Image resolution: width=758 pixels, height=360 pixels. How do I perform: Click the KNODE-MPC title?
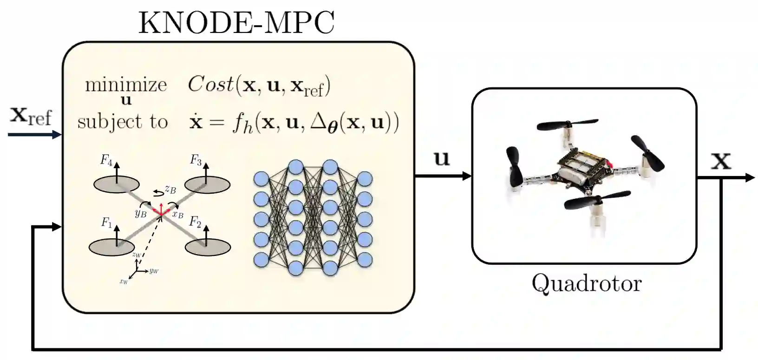pos(236,23)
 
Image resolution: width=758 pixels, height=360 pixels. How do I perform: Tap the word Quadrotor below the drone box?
pos(587,283)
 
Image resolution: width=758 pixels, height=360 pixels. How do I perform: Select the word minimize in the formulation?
pos(126,85)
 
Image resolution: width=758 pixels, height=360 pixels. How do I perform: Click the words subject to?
pos(122,122)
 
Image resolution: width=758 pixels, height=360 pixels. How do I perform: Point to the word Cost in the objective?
pos(210,85)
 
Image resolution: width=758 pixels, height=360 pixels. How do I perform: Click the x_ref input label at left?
pos(31,116)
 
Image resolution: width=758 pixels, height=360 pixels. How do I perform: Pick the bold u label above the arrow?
pos(442,158)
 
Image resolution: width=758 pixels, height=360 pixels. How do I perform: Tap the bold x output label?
pos(721,161)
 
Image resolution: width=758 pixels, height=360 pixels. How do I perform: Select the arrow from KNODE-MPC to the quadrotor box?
pos(443,176)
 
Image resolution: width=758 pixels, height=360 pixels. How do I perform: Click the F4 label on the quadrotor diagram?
pos(106,161)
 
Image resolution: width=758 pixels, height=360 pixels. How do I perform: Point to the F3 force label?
pos(196,161)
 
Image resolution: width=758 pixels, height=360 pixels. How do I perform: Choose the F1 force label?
pos(107,223)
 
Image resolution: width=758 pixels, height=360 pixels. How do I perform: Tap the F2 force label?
pos(195,222)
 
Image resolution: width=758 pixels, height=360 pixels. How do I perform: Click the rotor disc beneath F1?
pos(112,247)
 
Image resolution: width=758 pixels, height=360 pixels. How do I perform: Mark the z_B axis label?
pos(170,190)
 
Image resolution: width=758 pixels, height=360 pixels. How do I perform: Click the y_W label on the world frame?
pos(154,270)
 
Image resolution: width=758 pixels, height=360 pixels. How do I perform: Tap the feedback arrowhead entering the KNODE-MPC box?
pos(58,227)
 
